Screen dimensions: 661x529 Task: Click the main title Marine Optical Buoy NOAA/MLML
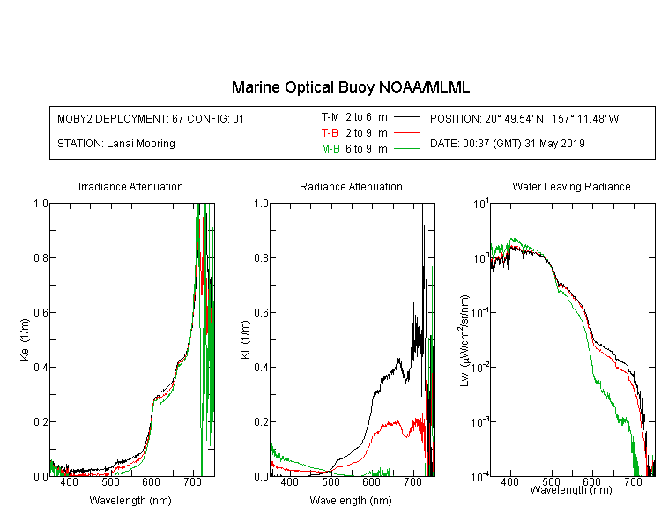click(x=350, y=87)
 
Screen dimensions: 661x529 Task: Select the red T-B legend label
click(x=330, y=133)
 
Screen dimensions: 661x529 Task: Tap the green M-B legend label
click(x=330, y=149)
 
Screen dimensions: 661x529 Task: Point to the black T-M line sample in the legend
click(x=406, y=117)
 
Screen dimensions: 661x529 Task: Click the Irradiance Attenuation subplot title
click(x=130, y=186)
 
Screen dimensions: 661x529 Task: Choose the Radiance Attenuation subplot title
click(x=351, y=186)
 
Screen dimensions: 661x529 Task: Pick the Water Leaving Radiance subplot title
click(x=571, y=186)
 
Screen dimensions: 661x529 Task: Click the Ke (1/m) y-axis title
click(x=25, y=339)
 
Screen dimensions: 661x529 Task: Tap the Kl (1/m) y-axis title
click(x=245, y=339)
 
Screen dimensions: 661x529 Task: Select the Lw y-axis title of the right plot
click(x=464, y=340)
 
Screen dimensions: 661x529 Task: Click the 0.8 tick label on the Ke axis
click(x=41, y=257)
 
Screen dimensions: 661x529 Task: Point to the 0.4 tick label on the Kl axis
click(x=261, y=367)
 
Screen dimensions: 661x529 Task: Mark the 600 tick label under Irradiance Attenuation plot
click(x=152, y=482)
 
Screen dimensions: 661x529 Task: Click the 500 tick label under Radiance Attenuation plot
click(x=330, y=482)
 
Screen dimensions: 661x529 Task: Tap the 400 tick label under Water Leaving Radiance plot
click(x=509, y=481)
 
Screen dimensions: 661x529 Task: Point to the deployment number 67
click(x=177, y=118)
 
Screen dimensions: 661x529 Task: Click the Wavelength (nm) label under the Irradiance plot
click(x=130, y=501)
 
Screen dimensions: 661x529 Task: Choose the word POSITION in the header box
click(x=455, y=118)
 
